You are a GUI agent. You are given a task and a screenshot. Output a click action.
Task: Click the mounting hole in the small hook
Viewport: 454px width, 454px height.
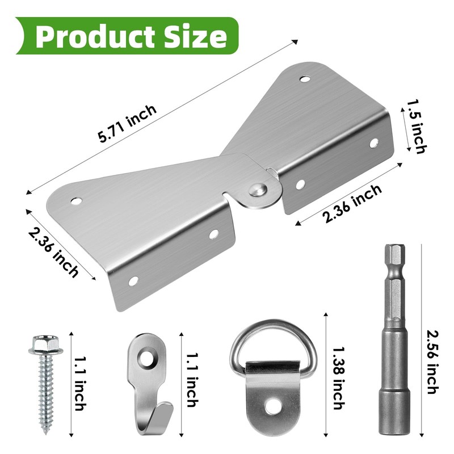point(150,357)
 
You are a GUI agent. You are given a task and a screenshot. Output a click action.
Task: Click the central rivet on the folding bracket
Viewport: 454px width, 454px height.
point(259,190)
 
